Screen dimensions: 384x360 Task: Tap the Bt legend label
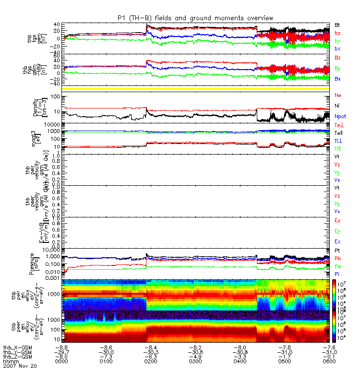click(x=337, y=24)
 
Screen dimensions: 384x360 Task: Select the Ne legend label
click(x=338, y=95)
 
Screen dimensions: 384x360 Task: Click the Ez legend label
click(x=337, y=220)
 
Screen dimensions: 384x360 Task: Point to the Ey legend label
click(x=337, y=231)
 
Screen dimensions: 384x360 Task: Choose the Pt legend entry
click(x=337, y=251)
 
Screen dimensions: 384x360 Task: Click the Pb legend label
click(x=337, y=259)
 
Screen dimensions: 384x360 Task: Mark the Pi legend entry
click(x=337, y=274)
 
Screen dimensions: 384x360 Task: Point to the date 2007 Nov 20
click(x=20, y=366)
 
